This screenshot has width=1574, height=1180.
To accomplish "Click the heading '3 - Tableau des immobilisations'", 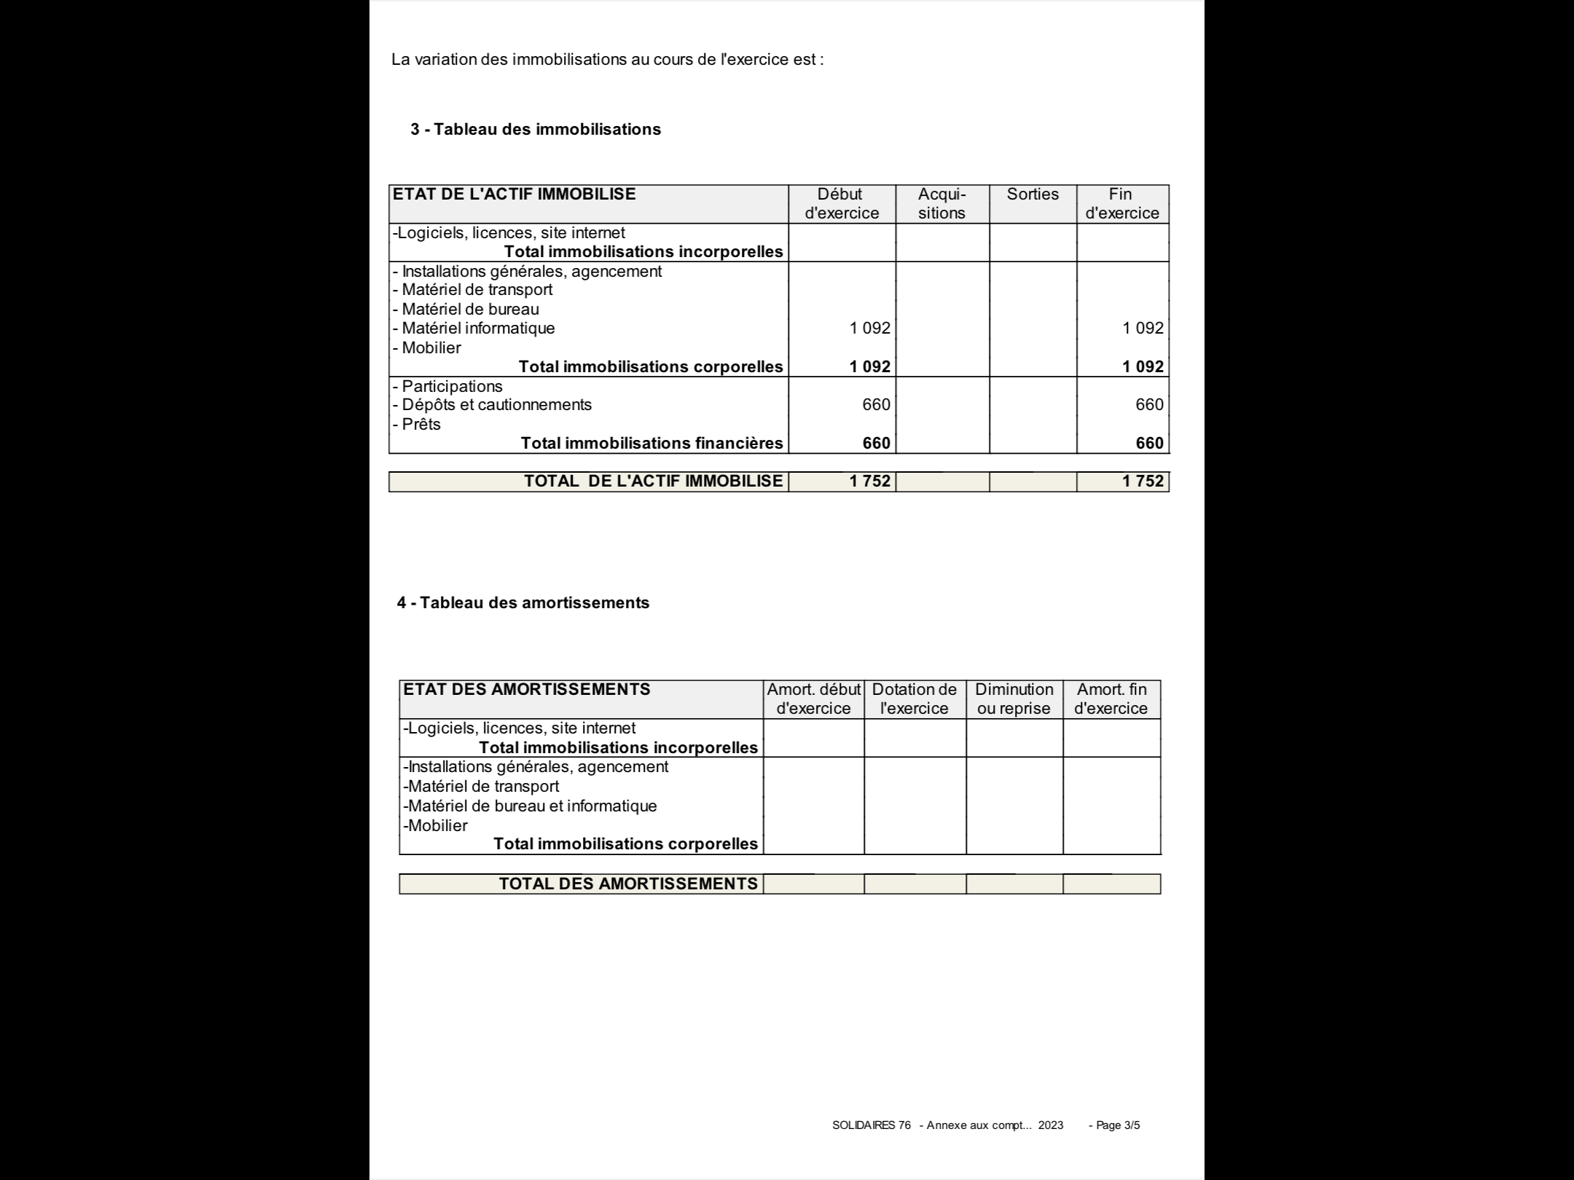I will (x=536, y=130).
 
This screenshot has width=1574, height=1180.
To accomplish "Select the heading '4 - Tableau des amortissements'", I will (x=523, y=603).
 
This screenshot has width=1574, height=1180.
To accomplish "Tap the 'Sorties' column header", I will (x=1033, y=194).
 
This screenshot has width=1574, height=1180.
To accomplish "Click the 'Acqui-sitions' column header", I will (x=941, y=204).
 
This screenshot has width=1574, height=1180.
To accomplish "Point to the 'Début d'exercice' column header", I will (x=841, y=204).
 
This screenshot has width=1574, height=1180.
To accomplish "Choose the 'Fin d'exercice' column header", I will (x=1121, y=204).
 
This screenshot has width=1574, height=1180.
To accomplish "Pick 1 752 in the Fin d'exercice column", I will (x=1143, y=481).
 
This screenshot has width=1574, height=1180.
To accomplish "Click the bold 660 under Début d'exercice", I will (x=876, y=444).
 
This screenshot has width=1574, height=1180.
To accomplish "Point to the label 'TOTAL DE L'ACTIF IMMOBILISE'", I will (x=653, y=481).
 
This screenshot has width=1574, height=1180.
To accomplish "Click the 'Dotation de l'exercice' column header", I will (x=915, y=699).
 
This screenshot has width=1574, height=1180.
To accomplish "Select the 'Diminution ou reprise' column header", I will (x=1014, y=699).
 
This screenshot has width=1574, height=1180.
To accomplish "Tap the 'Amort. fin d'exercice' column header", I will (x=1111, y=699).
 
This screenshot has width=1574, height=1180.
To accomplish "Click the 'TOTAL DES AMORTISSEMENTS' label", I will (x=628, y=884).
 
